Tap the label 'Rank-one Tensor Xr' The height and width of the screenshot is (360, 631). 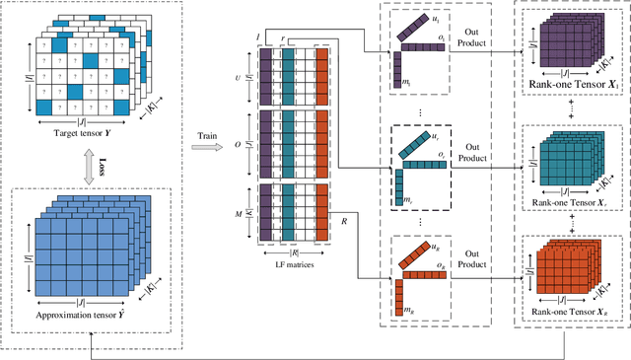point(571,203)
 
